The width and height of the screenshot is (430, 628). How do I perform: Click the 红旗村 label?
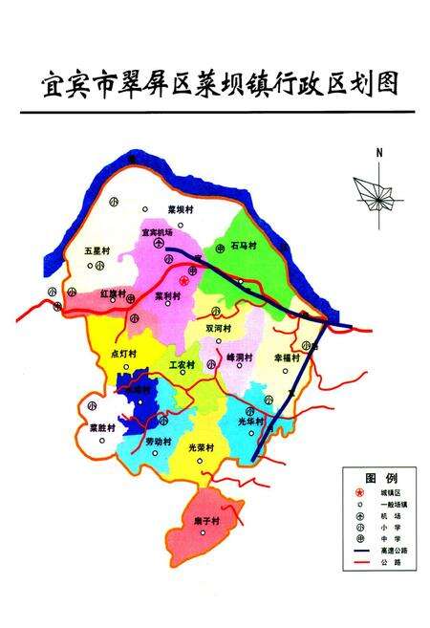[113, 293]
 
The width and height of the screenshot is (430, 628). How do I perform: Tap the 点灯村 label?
[124, 353]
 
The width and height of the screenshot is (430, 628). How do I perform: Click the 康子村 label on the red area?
[204, 522]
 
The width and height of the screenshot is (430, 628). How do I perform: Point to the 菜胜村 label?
[102, 427]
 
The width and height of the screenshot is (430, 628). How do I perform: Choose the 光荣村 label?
[201, 446]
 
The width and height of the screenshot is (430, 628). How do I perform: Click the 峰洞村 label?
[239, 357]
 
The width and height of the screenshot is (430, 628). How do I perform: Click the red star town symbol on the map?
[183, 281]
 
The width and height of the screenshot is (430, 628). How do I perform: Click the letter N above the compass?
[379, 153]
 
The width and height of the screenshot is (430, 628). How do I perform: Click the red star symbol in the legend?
[356, 493]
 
